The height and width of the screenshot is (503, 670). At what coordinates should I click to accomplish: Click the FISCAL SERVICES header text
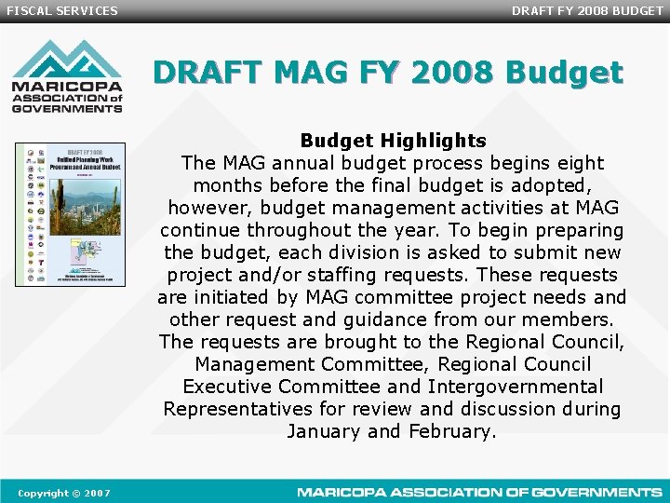click(x=62, y=11)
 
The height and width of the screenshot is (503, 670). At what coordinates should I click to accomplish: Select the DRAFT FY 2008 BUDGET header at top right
click(x=587, y=11)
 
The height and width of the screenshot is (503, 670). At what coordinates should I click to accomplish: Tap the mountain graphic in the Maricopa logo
click(x=67, y=61)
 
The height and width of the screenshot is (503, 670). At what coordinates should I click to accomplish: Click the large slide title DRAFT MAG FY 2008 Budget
click(x=388, y=72)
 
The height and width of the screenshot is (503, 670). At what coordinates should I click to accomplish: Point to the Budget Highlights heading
click(x=393, y=141)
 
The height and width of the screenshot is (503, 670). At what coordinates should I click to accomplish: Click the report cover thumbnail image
click(x=70, y=214)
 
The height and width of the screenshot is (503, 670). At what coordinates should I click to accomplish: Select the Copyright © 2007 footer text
click(x=64, y=492)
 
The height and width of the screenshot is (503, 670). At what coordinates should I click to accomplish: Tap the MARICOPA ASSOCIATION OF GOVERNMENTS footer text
click(x=479, y=492)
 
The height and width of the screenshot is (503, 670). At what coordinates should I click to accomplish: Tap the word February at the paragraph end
click(x=451, y=431)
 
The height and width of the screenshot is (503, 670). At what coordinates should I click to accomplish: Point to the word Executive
click(x=231, y=387)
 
